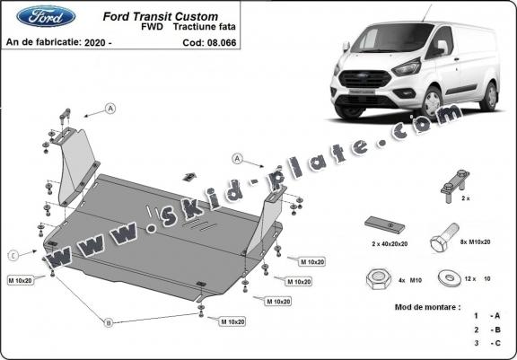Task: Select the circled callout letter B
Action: tap(110, 322)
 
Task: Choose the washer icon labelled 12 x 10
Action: tap(445, 278)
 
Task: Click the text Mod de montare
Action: tap(426, 306)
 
